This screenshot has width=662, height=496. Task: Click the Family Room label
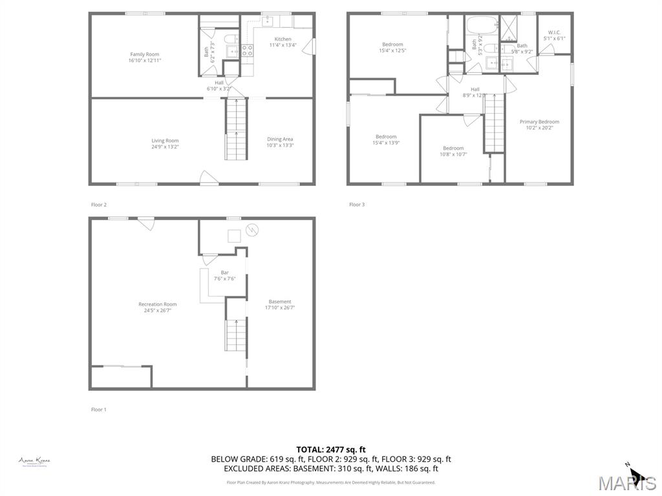[x=145, y=54]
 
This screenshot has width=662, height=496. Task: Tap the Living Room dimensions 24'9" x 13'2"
[x=165, y=147]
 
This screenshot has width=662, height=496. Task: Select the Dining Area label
[x=280, y=139]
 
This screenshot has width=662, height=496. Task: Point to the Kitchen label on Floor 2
[x=283, y=39]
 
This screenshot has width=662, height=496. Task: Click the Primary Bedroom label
[x=539, y=121]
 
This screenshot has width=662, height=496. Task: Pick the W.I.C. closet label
[x=554, y=32]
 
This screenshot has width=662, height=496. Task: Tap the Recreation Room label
[x=157, y=304]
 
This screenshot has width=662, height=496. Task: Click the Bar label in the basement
[x=224, y=273]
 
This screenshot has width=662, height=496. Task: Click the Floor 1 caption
[x=98, y=409]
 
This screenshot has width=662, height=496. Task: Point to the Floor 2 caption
[x=98, y=205]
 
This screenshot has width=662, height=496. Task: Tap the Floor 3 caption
[x=357, y=205]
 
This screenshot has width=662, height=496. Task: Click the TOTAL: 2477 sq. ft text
[x=331, y=449]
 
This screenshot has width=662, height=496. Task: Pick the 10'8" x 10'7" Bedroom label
[x=453, y=148]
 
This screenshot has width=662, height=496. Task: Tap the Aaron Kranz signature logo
[x=34, y=461]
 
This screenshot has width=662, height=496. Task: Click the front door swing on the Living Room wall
[x=207, y=177]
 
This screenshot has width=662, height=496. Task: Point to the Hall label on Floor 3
[x=475, y=89]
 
